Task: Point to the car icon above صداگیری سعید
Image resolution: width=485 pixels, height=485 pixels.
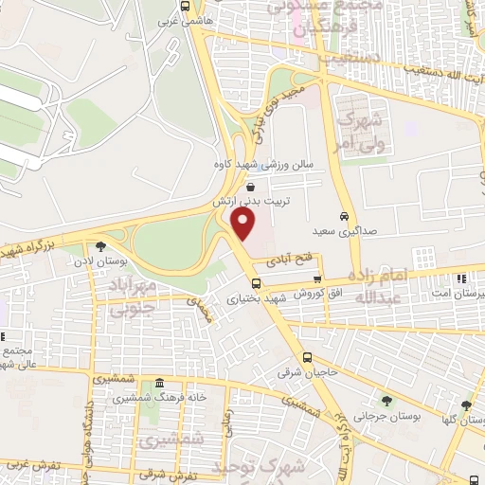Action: coord(345,215)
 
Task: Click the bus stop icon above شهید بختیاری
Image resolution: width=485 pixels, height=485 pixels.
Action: coord(256,283)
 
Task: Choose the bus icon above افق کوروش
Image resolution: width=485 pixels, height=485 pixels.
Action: coord(317,278)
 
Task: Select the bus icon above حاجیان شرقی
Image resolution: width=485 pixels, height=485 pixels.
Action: coord(307,357)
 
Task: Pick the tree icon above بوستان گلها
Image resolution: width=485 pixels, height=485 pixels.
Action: coord(465,403)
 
